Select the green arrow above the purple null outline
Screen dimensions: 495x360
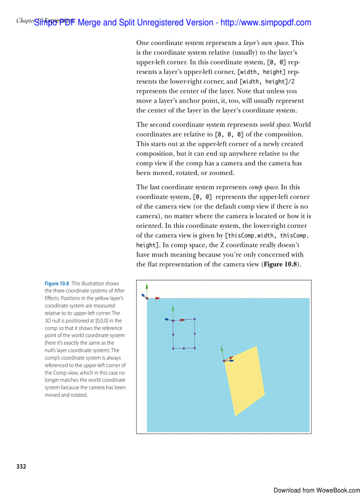coord(173,309)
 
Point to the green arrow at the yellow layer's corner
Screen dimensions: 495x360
coord(222,351)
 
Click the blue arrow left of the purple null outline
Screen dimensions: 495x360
coord(167,319)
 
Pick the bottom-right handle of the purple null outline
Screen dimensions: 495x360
coord(195,348)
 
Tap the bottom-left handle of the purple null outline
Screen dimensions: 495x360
coord(173,348)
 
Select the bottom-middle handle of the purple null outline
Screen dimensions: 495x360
coord(184,348)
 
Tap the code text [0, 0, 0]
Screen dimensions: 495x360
coord(229,134)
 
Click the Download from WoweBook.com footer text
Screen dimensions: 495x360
coord(316,490)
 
